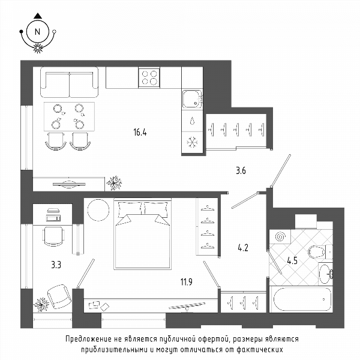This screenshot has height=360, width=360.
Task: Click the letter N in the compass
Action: coord(37,32)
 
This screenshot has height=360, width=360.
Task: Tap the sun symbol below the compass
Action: coord(38,48)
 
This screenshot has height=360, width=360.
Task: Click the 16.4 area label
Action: coord(140,132)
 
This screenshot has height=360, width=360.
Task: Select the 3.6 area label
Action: coord(241,170)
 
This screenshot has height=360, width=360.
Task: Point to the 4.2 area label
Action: coord(243,248)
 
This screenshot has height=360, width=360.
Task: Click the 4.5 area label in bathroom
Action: coord(292,260)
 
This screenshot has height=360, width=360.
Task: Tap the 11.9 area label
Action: coord(187,282)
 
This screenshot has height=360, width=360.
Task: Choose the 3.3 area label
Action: coord(56,265)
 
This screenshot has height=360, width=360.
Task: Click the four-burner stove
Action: coord(149,77)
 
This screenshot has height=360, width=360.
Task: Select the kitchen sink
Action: coord(193,99)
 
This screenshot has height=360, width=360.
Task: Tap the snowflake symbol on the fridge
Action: coord(192,142)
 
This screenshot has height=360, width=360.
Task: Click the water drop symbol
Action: coord(193,121)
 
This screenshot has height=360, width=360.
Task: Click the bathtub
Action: coord(301,299)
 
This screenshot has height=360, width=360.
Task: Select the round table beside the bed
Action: coord(98,210)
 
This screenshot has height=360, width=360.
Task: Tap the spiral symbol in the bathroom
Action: coord(280,236)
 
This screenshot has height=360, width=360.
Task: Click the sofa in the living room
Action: coord(70,82)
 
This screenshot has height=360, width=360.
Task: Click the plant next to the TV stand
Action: coord(114,183)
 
